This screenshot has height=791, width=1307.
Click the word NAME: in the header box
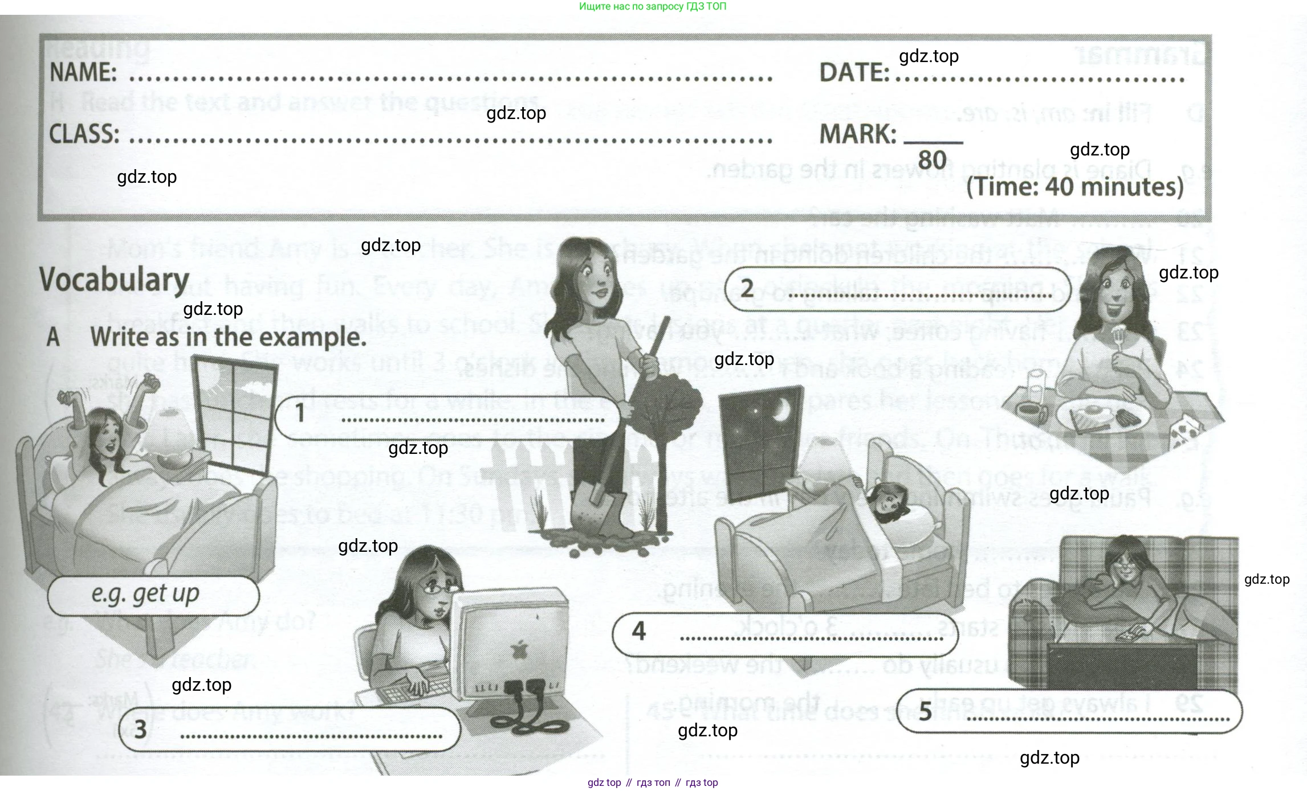pos(83,73)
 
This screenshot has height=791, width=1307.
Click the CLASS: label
pos(84,134)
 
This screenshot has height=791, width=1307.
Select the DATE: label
pos(854,73)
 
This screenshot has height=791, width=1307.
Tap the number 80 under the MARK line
pos(932,160)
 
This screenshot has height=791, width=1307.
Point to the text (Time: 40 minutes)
pos(1074,187)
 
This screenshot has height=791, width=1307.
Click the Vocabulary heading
pos(114,280)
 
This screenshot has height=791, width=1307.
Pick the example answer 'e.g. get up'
pos(145,595)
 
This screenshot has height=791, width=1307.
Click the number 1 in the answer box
pos(300,413)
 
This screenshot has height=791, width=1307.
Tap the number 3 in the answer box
pos(140,729)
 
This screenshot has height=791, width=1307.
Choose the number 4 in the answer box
pos(638,631)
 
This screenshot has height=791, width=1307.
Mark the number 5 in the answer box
pos(925,711)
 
